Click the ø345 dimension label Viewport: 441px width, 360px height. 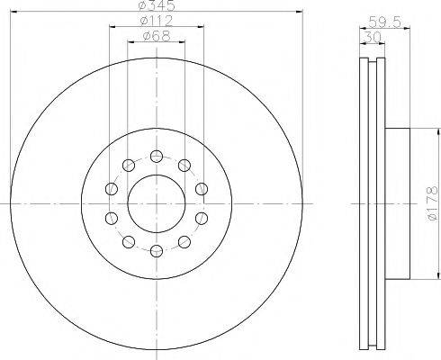coord(156,5)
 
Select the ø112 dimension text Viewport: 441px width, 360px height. coord(157,21)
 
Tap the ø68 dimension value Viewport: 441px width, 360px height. coord(157,36)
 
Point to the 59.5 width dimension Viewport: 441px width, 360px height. coord(384,22)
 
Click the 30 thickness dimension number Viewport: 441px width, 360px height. coord(372,38)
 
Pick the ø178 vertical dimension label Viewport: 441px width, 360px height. coord(433,204)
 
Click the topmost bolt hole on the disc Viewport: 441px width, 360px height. coord(157,157)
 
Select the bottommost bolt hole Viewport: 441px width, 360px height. coord(157,251)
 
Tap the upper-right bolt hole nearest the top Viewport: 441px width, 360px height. coord(184,166)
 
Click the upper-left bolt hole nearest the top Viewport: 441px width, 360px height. coord(129,166)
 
